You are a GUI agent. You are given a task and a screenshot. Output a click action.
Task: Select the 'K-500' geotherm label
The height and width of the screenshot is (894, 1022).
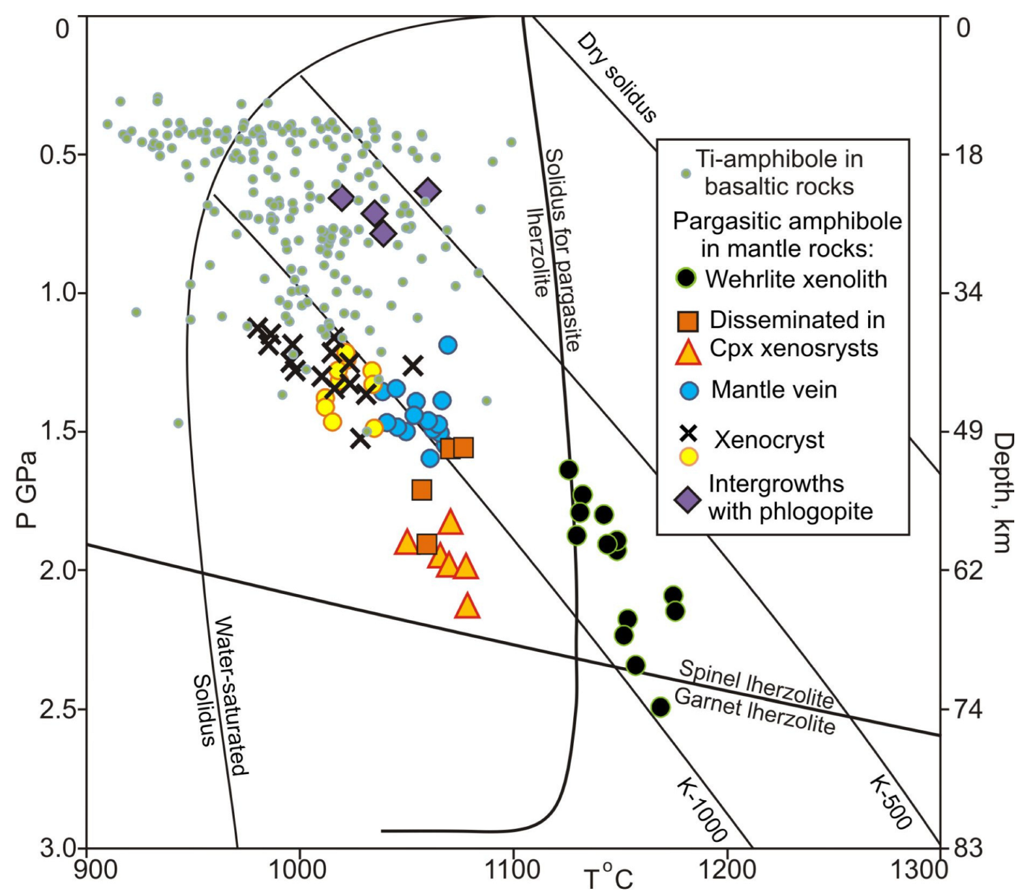(890, 802)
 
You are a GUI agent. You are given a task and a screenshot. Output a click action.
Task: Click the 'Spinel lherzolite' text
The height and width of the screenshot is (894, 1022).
(756, 683)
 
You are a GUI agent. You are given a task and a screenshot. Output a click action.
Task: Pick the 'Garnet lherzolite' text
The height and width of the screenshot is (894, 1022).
(755, 711)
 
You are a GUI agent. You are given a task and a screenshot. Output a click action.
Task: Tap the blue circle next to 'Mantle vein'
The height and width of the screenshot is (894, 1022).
(689, 390)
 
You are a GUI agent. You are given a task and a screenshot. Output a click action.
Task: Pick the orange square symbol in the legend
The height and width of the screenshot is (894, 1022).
(687, 321)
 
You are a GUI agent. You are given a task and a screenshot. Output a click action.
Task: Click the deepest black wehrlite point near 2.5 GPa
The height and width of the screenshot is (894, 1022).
(661, 707)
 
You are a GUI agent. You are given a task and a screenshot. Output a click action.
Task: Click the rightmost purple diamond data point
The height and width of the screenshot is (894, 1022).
(428, 191)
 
